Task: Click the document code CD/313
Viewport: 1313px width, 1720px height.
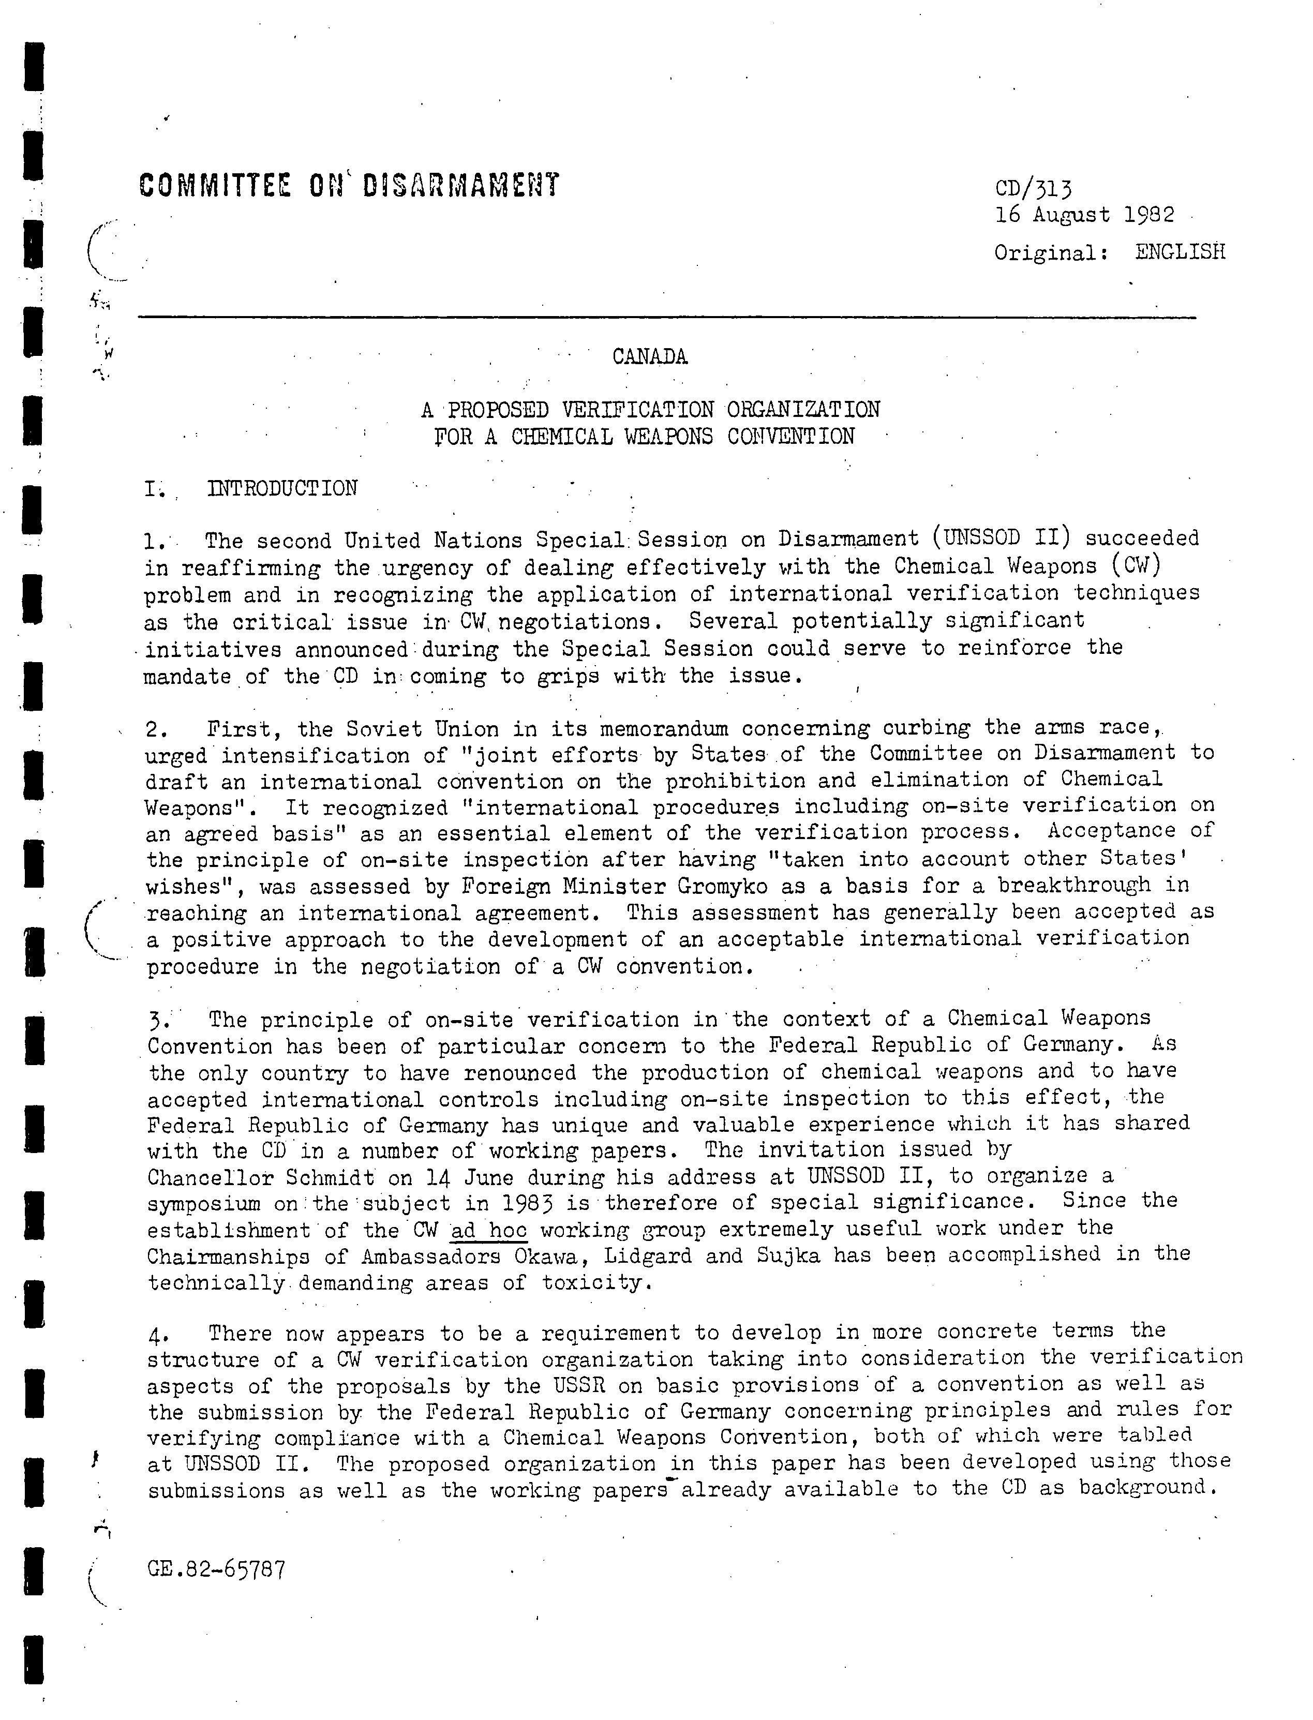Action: pos(1033,189)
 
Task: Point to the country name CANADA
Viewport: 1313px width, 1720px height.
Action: pos(649,357)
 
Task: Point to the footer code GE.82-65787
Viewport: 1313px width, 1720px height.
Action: pos(216,1568)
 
